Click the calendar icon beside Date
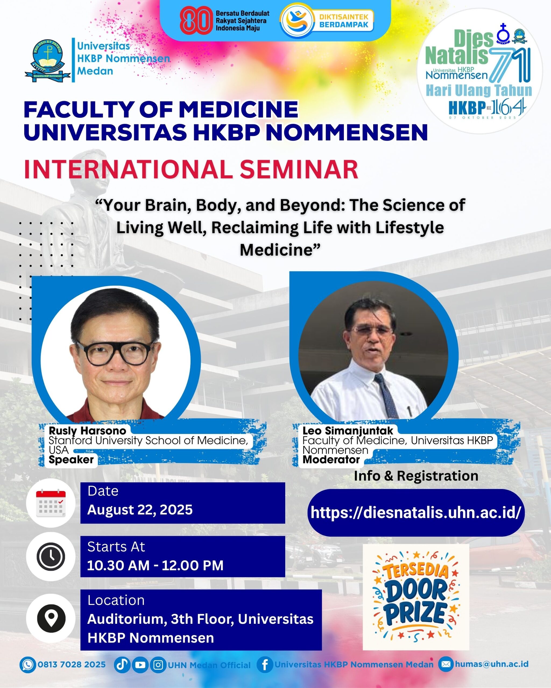click(x=51, y=503)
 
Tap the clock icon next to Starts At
click(x=51, y=557)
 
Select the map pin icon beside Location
click(x=51, y=618)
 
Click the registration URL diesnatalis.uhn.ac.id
click(x=416, y=513)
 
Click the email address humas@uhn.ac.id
click(x=492, y=664)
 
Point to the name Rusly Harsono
click(x=87, y=431)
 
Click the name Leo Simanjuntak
click(x=348, y=431)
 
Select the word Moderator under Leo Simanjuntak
click(x=331, y=460)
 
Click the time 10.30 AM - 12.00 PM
click(x=155, y=565)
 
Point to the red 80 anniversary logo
click(x=196, y=20)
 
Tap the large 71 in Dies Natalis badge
click(x=510, y=64)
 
